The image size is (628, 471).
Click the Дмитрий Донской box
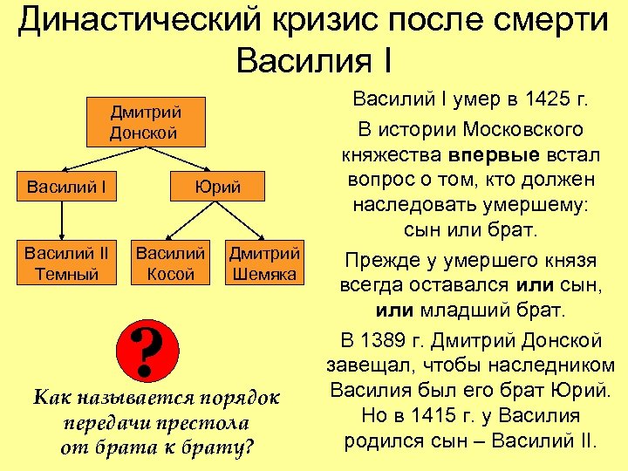(x=144, y=122)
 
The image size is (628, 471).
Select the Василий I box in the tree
(x=61, y=187)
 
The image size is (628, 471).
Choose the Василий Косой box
(x=171, y=263)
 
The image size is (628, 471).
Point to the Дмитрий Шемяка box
(x=264, y=263)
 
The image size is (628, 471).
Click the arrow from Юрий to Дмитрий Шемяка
(x=249, y=222)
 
